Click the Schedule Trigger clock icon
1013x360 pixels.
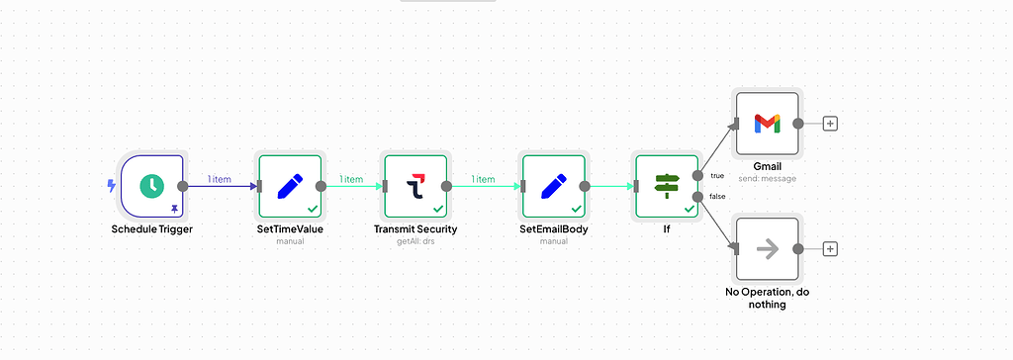[151, 185]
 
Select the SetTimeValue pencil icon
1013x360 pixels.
[289, 185]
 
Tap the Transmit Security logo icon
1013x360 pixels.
[415, 185]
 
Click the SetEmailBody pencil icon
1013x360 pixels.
[553, 185]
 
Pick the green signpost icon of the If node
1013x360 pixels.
[667, 185]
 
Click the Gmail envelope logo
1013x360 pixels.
[767, 124]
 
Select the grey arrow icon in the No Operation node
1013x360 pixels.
[767, 248]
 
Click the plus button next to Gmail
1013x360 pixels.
[830, 124]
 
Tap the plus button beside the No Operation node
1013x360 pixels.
[830, 248]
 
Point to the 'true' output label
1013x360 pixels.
[717, 175]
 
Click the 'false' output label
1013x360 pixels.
[717, 196]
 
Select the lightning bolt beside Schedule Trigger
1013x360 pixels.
[111, 185]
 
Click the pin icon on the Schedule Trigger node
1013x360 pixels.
[175, 209]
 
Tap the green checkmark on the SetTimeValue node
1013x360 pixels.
[313, 209]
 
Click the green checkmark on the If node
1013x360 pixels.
[690, 209]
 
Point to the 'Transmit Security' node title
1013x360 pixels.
[415, 229]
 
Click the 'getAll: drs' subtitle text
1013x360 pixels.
[415, 241]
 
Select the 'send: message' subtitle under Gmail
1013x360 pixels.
[767, 179]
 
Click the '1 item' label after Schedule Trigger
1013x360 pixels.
[219, 179]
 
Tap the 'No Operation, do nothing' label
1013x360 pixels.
[767, 298]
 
